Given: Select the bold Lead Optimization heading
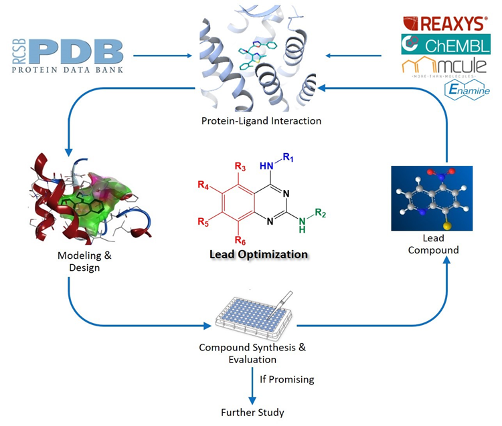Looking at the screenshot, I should [258, 254].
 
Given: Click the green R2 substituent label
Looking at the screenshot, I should [321, 214].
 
